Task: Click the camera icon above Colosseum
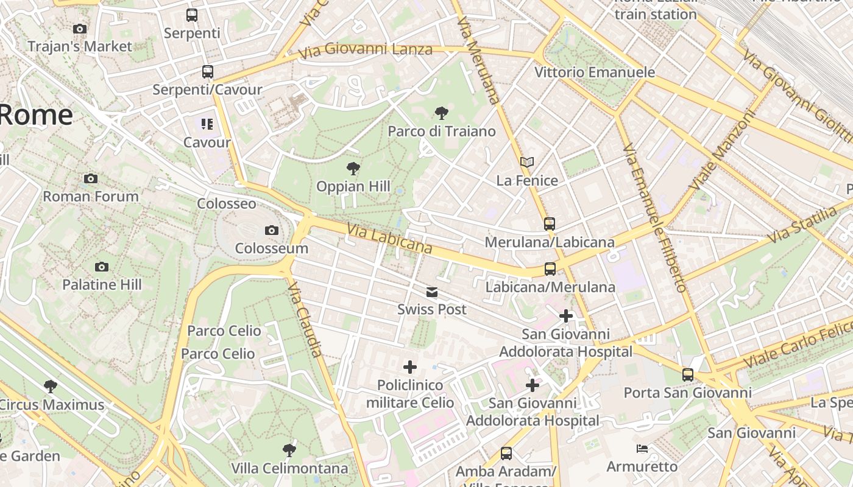click(272, 230)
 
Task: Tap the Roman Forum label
click(91, 196)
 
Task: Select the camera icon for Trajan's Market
click(79, 29)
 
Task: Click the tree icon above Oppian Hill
click(353, 169)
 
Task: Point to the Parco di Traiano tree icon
click(442, 113)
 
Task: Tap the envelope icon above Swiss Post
click(432, 292)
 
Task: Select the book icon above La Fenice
click(527, 163)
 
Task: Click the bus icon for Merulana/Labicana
click(550, 224)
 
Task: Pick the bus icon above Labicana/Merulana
click(550, 268)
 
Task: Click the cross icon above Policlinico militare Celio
click(410, 367)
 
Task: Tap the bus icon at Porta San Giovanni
click(688, 374)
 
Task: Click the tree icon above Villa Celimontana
click(289, 450)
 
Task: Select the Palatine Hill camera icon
click(102, 267)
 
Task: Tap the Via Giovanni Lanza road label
click(366, 50)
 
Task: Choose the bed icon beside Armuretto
click(642, 449)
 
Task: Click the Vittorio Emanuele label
click(595, 72)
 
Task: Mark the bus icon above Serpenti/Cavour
click(208, 72)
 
